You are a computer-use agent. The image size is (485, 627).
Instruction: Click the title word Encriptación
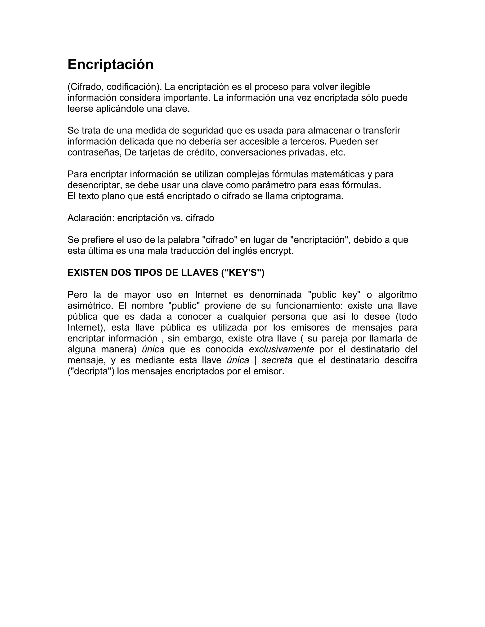coord(110,64)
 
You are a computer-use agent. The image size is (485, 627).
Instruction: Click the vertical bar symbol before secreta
coord(255,360)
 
